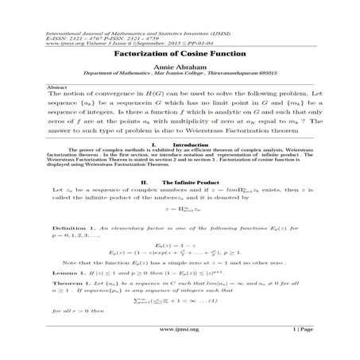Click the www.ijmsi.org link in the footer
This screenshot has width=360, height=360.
(x=179, y=349)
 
